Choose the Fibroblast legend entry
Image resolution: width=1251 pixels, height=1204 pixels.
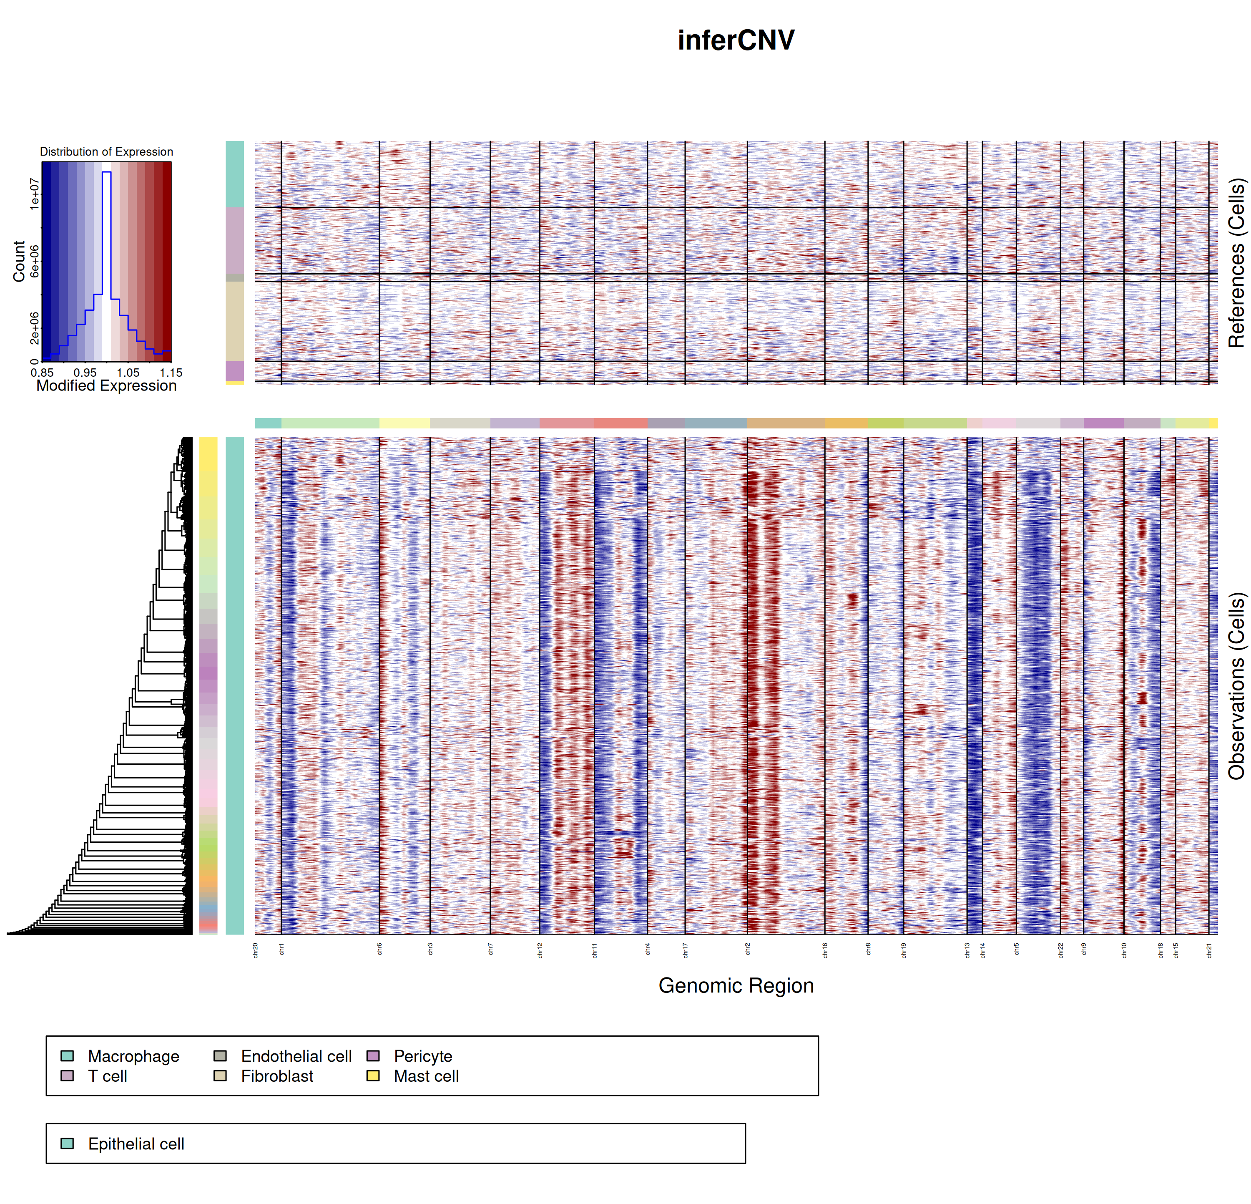pyautogui.click(x=276, y=1076)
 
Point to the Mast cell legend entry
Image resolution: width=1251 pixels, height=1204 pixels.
pyautogui.click(x=426, y=1076)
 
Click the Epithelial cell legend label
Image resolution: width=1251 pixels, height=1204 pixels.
pyautogui.click(x=136, y=1144)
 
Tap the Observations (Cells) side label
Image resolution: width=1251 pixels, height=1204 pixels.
pyautogui.click(x=1236, y=686)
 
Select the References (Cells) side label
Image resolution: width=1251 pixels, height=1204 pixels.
pyautogui.click(x=1236, y=263)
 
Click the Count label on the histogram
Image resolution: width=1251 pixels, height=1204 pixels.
pyautogui.click(x=19, y=261)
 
